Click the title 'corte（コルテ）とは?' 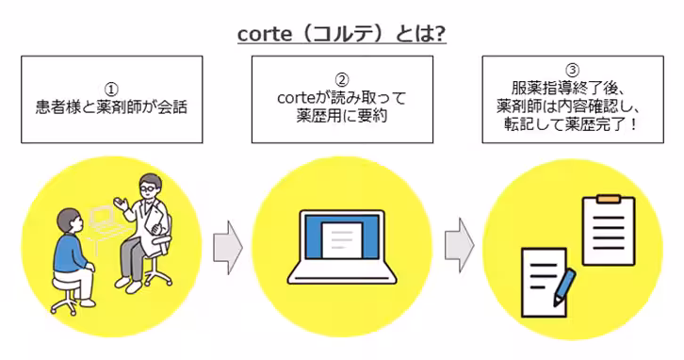click(342, 34)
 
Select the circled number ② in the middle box click(342, 78)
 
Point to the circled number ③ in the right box click(572, 71)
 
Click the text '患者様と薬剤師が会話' click(111, 106)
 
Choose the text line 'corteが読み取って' click(342, 98)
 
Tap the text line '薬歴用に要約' click(342, 117)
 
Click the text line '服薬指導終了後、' click(572, 89)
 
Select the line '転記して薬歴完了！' click(572, 124)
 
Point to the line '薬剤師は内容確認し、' click(572, 106)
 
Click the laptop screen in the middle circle click(342, 237)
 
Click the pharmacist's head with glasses click(148, 189)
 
